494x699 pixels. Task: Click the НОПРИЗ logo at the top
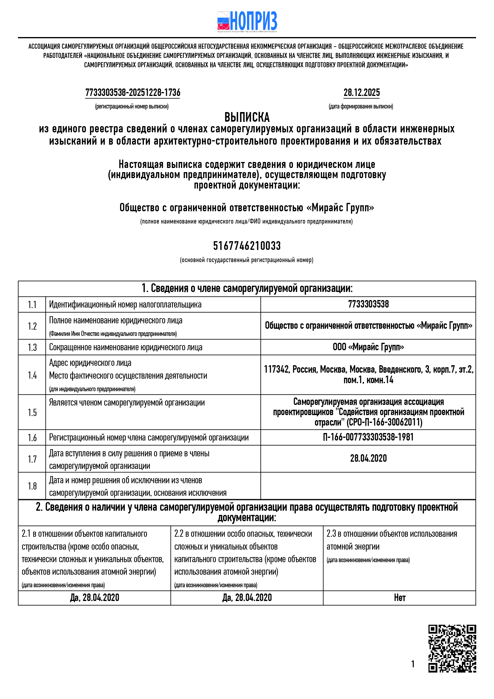(x=247, y=21)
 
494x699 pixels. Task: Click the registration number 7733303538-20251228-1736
(x=133, y=93)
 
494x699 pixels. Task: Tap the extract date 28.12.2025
(x=361, y=93)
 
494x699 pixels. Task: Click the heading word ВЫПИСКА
(x=247, y=117)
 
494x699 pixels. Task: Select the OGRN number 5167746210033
(x=247, y=246)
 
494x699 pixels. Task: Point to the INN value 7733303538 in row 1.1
(x=368, y=304)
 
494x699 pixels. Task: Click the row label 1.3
(x=32, y=347)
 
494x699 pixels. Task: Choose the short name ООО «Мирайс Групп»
(x=368, y=347)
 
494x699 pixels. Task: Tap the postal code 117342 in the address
(x=276, y=369)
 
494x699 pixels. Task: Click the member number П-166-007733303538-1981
(x=368, y=437)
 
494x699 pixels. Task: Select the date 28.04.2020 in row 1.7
(x=368, y=458)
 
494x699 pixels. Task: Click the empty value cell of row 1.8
(x=368, y=486)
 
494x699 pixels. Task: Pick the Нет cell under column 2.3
(x=399, y=598)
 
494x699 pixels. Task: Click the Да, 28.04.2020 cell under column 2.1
(x=94, y=598)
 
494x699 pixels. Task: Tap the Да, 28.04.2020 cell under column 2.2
(x=247, y=598)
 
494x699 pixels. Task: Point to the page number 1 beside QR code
(x=413, y=664)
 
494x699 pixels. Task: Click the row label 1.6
(x=32, y=438)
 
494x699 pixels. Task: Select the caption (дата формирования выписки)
(x=361, y=107)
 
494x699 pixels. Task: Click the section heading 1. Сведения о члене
(x=247, y=288)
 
